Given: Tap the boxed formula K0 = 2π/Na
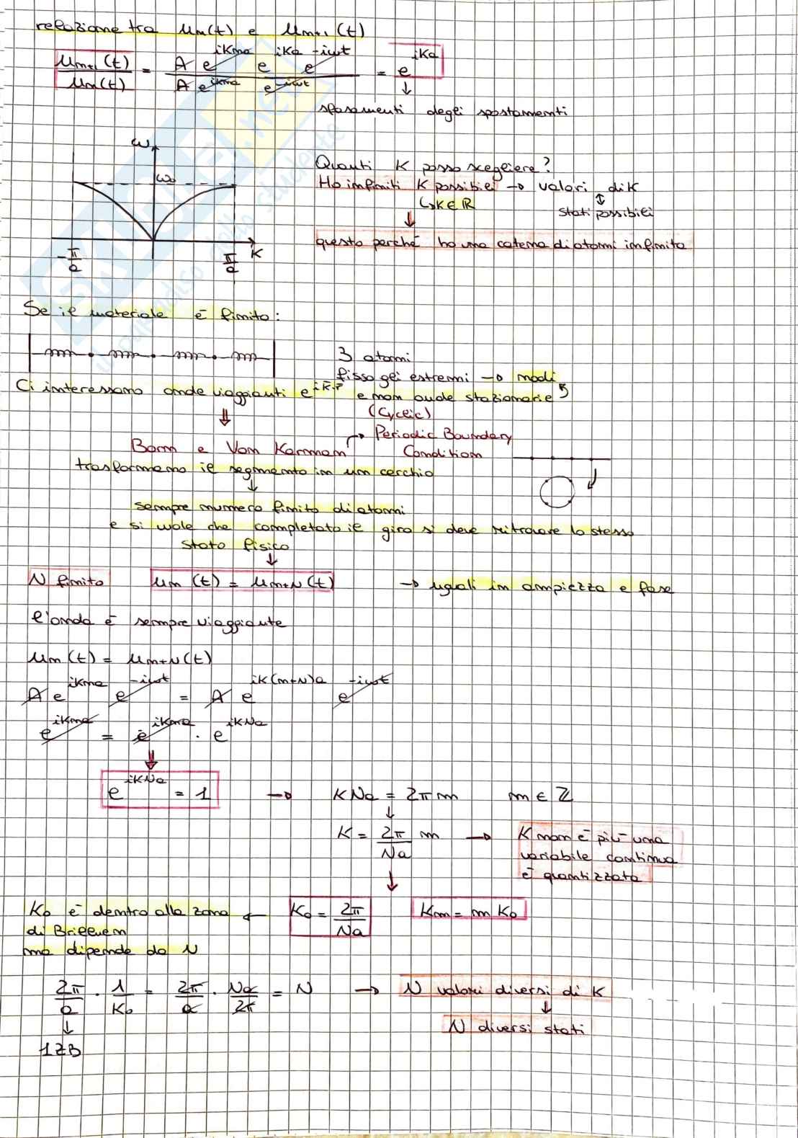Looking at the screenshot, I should click(x=329, y=916).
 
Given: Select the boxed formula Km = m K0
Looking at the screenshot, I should click(x=469, y=910).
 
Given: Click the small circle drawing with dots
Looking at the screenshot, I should click(x=556, y=493).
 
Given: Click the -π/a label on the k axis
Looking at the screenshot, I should click(x=74, y=260).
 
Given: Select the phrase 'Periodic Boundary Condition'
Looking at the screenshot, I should click(x=441, y=443).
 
